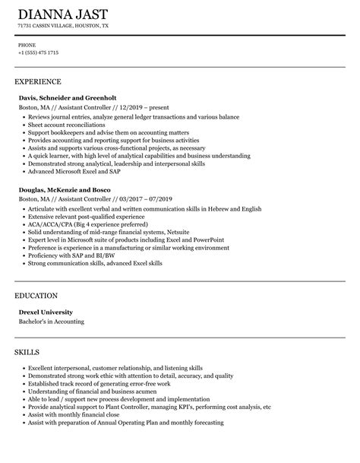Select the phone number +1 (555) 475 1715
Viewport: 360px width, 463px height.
tap(38, 52)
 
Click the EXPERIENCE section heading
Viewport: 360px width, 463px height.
tap(38, 81)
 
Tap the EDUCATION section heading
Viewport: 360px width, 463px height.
tap(37, 294)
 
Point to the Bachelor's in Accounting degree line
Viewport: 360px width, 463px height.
tap(51, 321)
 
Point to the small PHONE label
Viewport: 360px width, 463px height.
tap(27, 45)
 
